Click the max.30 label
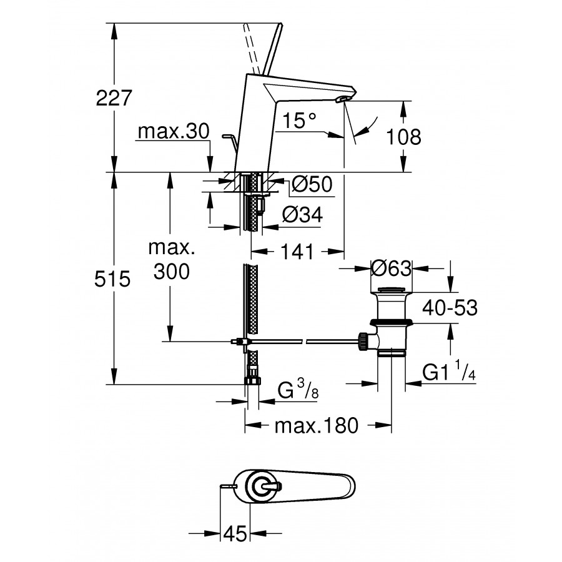click(165, 132)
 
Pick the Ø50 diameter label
click(310, 184)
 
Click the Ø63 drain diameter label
click(391, 269)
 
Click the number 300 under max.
click(168, 272)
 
